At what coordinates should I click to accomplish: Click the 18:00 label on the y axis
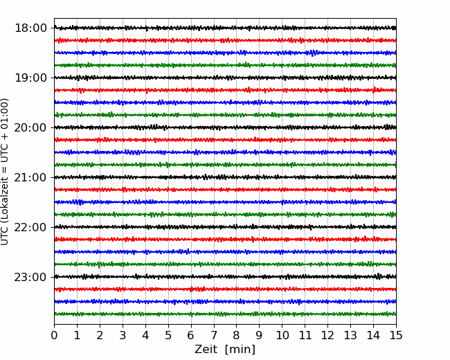tap(30, 28)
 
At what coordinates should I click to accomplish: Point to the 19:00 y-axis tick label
tap(30, 78)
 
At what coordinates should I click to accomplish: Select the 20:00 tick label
tap(30, 127)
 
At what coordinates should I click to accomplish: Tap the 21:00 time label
tap(30, 177)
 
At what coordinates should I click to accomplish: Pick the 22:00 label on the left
tap(30, 227)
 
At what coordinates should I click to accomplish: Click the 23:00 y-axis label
tap(30, 277)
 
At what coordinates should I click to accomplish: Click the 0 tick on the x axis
tap(54, 335)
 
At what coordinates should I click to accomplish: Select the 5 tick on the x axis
tap(168, 335)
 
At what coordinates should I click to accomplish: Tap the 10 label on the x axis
tap(282, 335)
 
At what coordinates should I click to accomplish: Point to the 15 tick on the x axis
tap(396, 335)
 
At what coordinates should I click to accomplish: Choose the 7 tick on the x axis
tap(214, 335)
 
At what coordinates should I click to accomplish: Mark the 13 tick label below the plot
tap(351, 335)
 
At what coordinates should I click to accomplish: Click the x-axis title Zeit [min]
tap(225, 350)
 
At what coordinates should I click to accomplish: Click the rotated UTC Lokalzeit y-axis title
tap(5, 172)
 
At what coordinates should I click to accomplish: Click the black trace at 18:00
tap(225, 28)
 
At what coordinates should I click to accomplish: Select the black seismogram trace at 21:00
tap(225, 177)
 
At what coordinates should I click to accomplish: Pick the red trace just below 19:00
tap(225, 90)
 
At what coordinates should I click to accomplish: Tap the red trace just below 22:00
tap(225, 239)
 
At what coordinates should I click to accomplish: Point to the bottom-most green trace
tap(225, 314)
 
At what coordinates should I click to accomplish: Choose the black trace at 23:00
tap(225, 277)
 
